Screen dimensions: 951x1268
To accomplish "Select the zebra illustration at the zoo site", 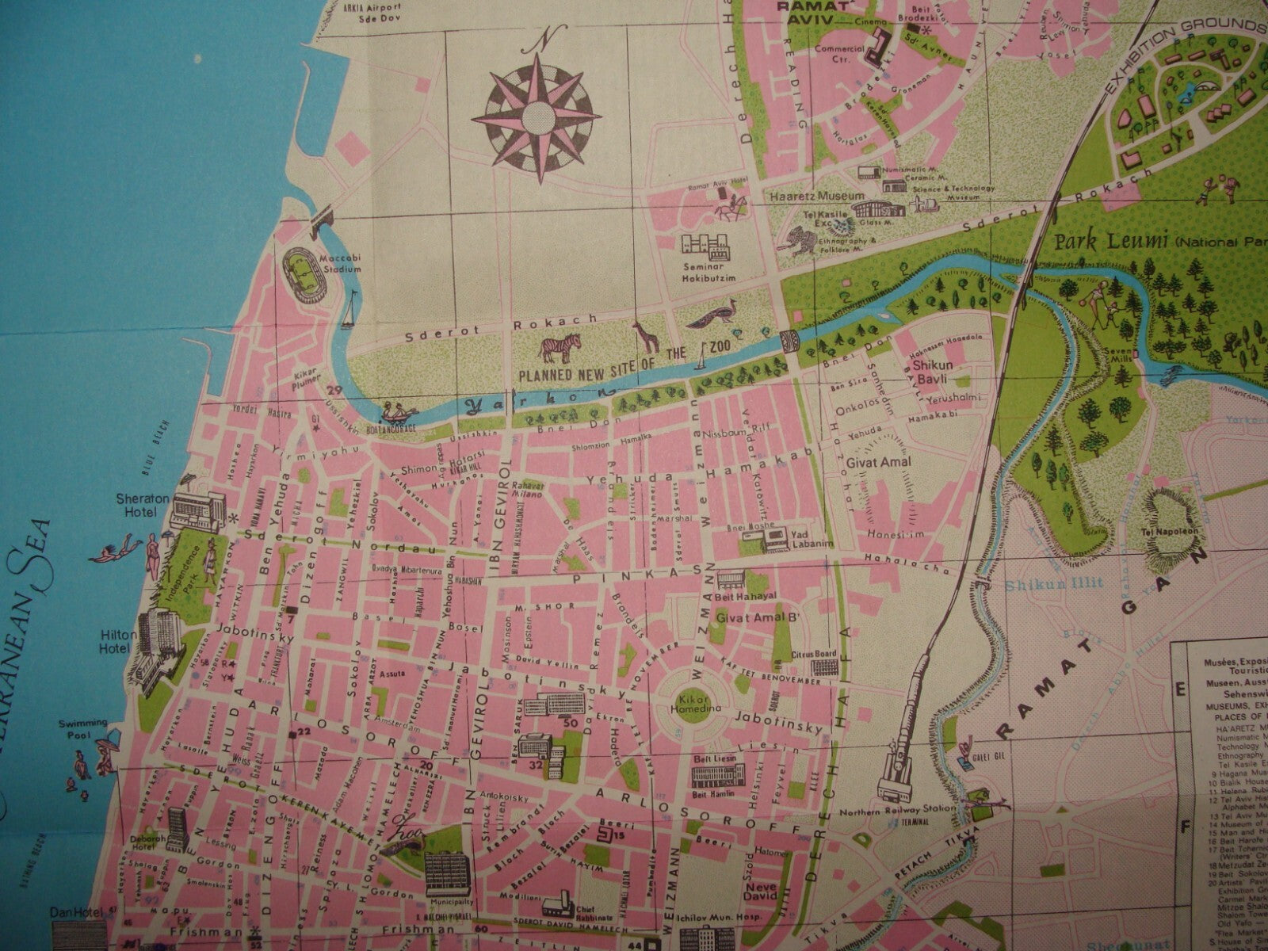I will click(x=561, y=346).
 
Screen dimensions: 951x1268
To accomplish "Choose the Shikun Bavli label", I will click(x=926, y=372).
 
